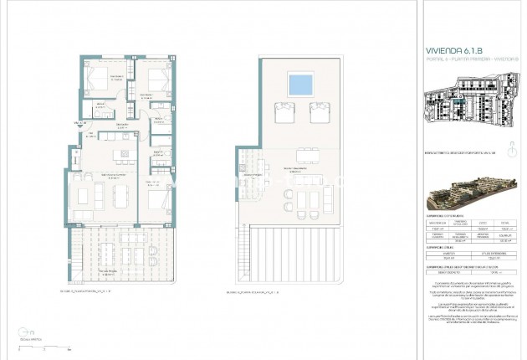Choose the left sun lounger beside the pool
click(x=284, y=111)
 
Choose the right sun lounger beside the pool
click(x=318, y=111)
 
